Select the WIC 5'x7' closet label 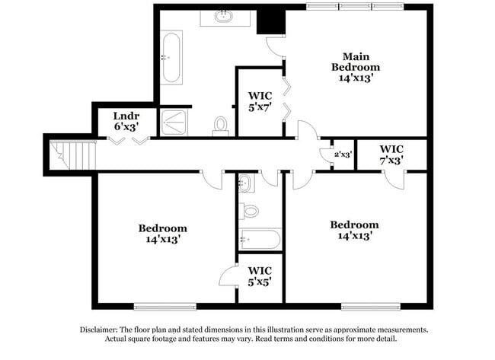coord(260,101)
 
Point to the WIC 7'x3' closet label coord(391,155)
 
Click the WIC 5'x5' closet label coord(260,276)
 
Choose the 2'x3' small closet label coord(343,155)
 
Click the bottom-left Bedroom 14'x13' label coord(162,233)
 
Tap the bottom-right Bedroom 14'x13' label coord(353,230)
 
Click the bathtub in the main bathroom coord(171,59)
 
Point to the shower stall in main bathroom coord(175,122)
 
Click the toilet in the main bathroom coord(222,125)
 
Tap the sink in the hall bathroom coord(246,183)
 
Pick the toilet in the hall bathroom coord(249,210)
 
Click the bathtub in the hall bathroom coord(259,239)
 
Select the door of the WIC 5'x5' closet coord(229,276)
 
